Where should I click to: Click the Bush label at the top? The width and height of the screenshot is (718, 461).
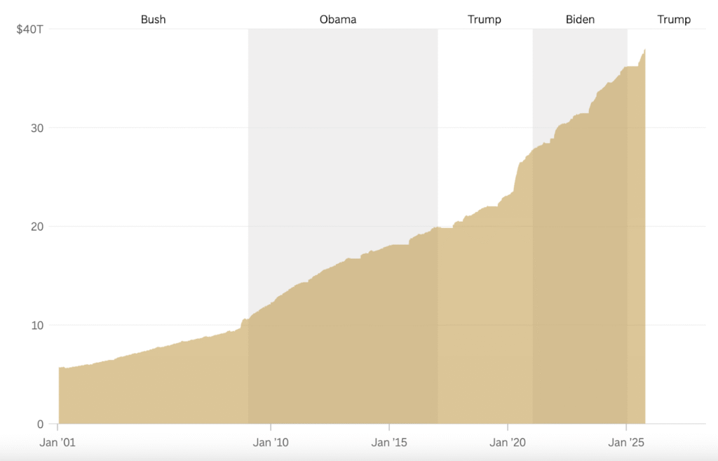tap(153, 20)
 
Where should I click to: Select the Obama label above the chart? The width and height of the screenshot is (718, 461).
tap(338, 20)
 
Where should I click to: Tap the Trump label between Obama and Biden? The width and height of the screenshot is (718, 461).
tap(485, 20)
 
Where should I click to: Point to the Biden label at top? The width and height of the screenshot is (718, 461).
tap(580, 20)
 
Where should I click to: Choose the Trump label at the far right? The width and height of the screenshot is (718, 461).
tap(674, 20)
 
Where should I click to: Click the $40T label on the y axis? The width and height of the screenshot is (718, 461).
tap(32, 30)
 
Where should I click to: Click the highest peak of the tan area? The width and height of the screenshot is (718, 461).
tap(644, 51)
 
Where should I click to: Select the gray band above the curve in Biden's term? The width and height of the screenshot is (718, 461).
tap(579, 70)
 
